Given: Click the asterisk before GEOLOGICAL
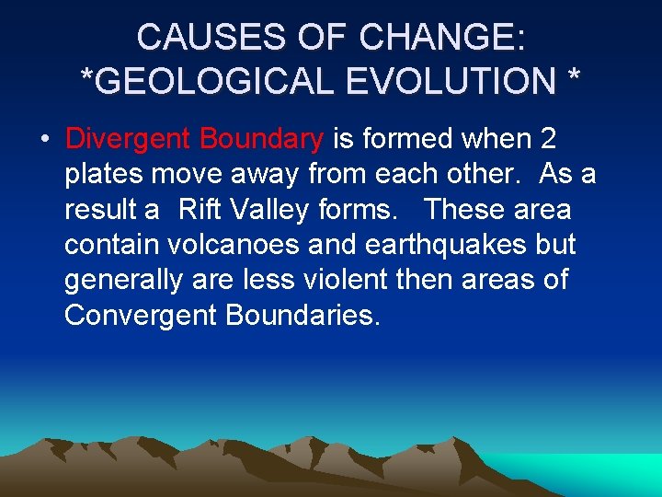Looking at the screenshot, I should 87,77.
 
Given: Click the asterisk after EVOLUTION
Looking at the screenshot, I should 574,77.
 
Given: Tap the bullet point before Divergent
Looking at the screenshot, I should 44,140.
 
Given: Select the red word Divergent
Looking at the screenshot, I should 128,139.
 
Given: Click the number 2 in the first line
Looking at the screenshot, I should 548,139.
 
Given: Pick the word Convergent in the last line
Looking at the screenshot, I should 142,315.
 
